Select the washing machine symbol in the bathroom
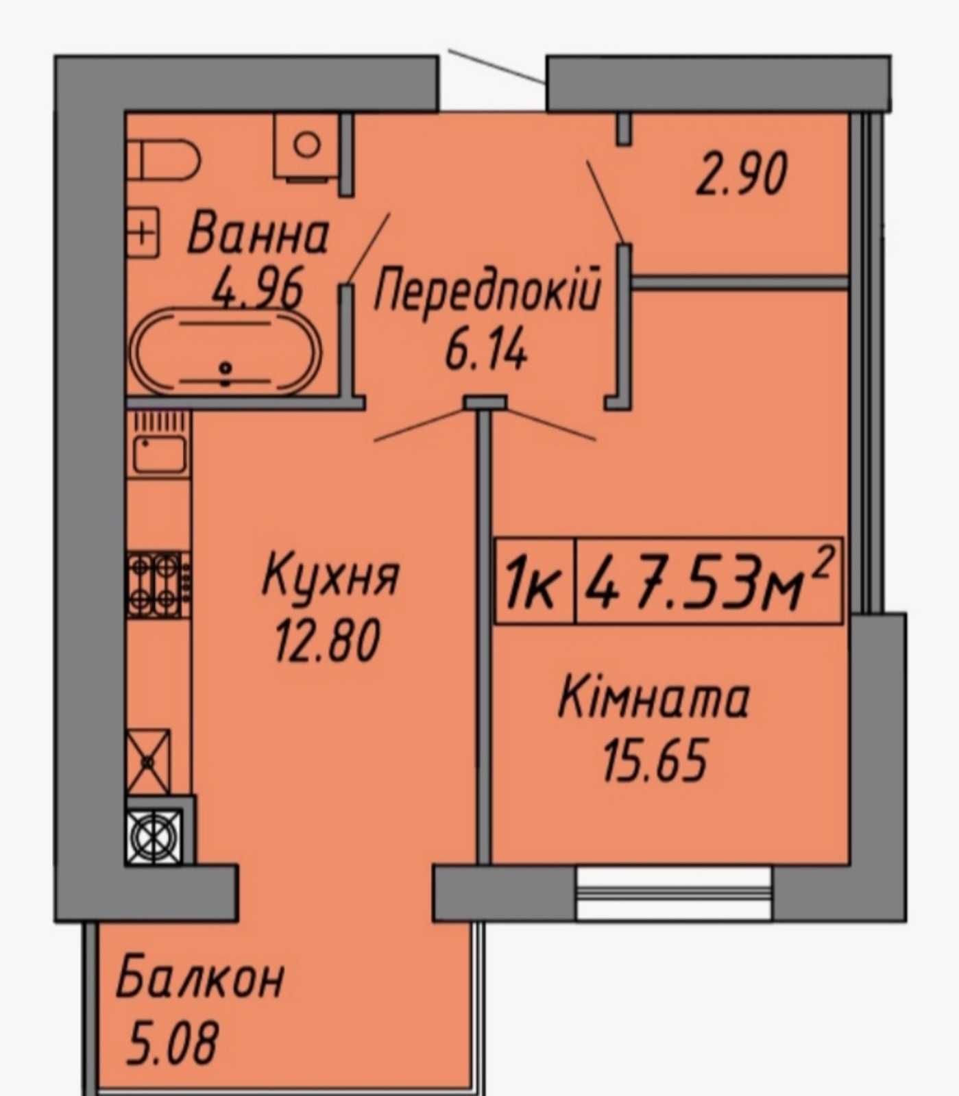click(306, 147)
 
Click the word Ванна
click(258, 235)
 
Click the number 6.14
click(486, 351)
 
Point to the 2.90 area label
click(741, 175)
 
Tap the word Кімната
click(653, 698)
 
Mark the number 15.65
click(654, 761)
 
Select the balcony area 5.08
click(172, 1041)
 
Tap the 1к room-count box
click(535, 582)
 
